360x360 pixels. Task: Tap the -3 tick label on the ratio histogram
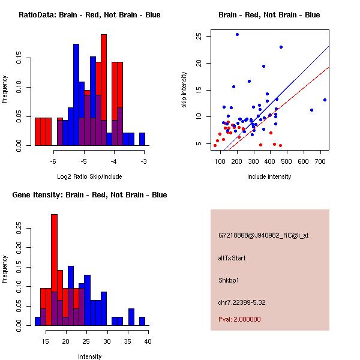point(144,161)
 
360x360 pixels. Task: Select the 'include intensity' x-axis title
point(269,176)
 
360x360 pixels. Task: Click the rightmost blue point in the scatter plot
point(325,100)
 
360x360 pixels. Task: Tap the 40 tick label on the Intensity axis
point(148,341)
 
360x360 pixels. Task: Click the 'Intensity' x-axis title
point(90,356)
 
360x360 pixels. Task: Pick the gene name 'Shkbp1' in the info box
point(229,280)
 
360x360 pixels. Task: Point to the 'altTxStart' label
point(232,258)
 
